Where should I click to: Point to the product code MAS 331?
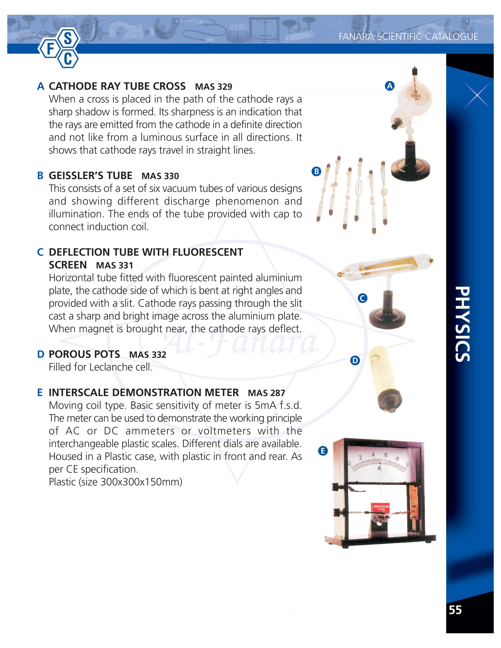point(115,265)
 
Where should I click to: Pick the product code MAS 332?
point(148,355)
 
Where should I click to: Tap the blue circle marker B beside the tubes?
point(316,171)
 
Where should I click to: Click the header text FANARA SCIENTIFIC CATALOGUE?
point(408,37)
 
